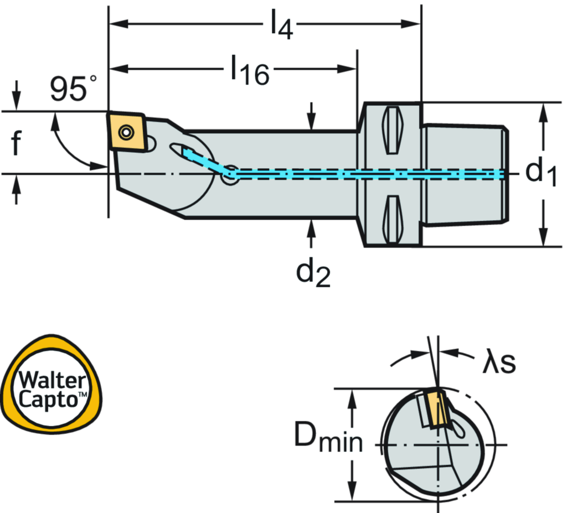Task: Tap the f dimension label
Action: tap(16, 142)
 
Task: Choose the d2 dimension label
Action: tap(312, 272)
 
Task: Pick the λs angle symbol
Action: tap(499, 364)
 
